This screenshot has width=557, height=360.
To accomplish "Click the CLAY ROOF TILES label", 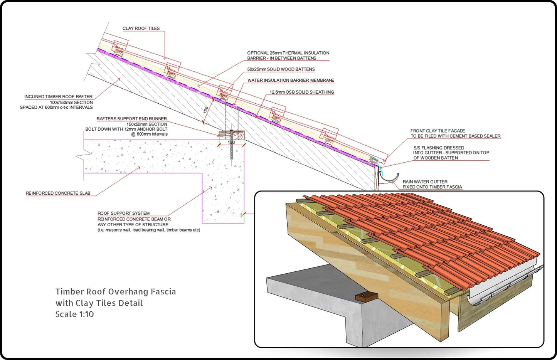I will point(141,29).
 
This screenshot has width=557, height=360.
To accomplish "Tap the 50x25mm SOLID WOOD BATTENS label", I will point(281,69).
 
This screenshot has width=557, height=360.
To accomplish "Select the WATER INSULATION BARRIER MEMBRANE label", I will point(291,81).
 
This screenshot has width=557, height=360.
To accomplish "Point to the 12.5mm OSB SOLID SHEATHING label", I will point(301,92).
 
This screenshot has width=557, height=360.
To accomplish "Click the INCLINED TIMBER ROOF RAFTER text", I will point(58,97).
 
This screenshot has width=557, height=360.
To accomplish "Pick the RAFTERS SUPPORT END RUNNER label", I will point(131,119).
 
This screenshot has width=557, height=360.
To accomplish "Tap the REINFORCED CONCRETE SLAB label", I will point(58,193).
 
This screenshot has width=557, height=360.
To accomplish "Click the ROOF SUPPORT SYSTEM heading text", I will point(123,213).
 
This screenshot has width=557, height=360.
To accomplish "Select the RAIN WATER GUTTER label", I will point(425,182).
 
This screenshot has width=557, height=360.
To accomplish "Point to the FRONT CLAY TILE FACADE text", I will point(438,131).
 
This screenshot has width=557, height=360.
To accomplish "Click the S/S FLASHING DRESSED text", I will point(439,148).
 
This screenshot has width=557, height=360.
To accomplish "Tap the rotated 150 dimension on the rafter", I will point(206,109).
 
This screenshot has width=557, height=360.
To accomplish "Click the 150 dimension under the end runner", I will point(231,143).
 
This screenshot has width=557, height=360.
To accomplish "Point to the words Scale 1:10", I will point(74,314).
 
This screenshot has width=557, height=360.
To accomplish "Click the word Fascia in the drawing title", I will point(163,292).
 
